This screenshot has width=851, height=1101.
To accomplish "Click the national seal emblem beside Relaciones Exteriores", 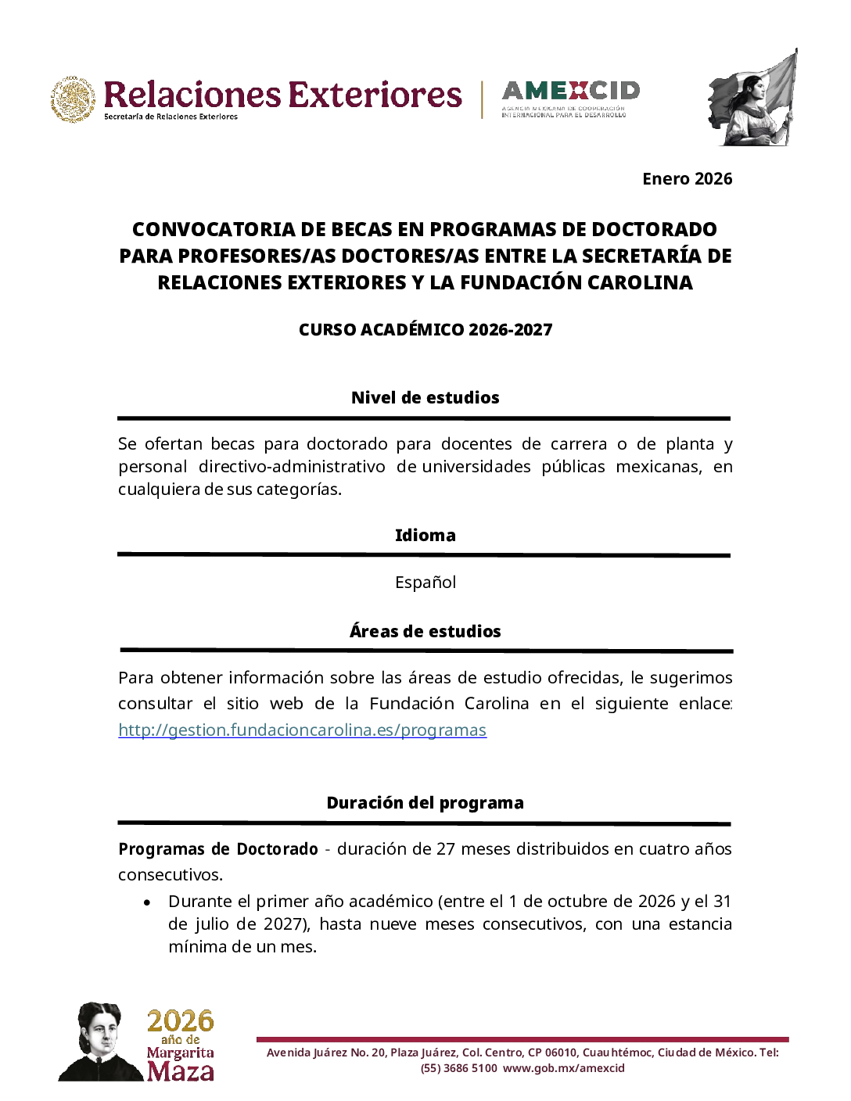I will pos(74,99).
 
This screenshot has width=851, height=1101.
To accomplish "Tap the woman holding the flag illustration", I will pos(752,99).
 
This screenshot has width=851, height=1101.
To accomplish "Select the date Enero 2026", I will pos(687,179).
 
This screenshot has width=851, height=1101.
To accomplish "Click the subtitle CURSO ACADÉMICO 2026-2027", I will pos(425,330).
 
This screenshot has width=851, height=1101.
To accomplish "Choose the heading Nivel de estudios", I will pos(425,397).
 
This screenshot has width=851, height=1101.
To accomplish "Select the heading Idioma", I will pos(425,536).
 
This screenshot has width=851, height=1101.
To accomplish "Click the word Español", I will pos(425,583).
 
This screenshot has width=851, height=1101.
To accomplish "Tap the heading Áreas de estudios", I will pos(425,632).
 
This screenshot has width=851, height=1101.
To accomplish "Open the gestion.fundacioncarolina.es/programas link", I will pos(302,730).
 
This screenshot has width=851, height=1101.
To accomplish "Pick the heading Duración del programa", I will pos(425,803).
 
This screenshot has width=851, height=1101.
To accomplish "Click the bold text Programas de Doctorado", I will pos(218,849).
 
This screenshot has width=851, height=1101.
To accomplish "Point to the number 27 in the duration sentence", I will pos(446,849).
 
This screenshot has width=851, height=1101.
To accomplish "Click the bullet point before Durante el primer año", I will pos(147,902).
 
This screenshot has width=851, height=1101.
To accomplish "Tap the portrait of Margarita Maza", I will pos(100,1042).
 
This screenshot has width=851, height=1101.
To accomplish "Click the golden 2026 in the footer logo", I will pos(180,1020).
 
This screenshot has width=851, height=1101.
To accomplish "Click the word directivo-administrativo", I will pos(292,467).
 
